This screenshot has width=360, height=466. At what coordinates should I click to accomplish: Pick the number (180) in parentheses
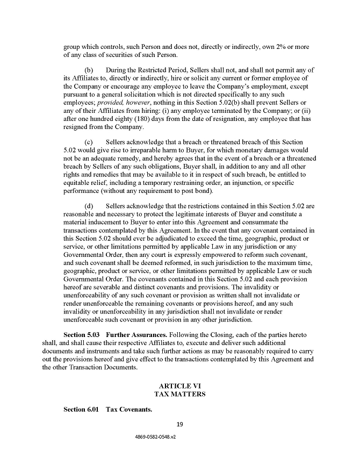point(135,118)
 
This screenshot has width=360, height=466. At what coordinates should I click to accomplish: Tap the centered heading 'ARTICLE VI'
point(180,386)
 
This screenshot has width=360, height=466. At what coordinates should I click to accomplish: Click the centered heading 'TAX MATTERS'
point(180,394)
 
